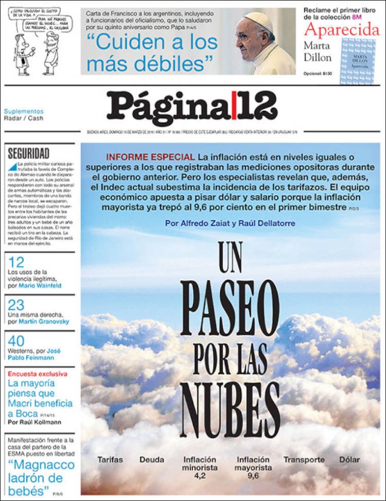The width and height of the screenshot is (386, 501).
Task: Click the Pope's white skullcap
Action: [x=258, y=20]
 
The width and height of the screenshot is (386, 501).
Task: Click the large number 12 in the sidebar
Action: [x=16, y=262]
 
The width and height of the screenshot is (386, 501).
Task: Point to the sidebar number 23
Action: [x=16, y=305]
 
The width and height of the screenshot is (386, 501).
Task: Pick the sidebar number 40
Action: [x=16, y=341]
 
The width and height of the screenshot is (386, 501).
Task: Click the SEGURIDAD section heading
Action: [x=29, y=153]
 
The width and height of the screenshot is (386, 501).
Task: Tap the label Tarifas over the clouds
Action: [x=110, y=459]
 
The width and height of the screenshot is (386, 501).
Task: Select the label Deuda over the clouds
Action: [x=152, y=459]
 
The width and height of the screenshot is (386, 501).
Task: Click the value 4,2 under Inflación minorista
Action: [x=200, y=476]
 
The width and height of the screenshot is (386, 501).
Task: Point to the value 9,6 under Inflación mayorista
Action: [x=253, y=476]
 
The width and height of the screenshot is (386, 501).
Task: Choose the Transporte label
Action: [x=304, y=459]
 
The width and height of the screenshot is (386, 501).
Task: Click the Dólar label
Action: [x=349, y=459]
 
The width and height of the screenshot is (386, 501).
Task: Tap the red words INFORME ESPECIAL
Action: [x=150, y=157]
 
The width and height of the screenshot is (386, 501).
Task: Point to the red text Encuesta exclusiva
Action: [x=37, y=374]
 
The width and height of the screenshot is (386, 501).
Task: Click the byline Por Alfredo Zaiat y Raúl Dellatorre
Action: [x=231, y=223]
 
